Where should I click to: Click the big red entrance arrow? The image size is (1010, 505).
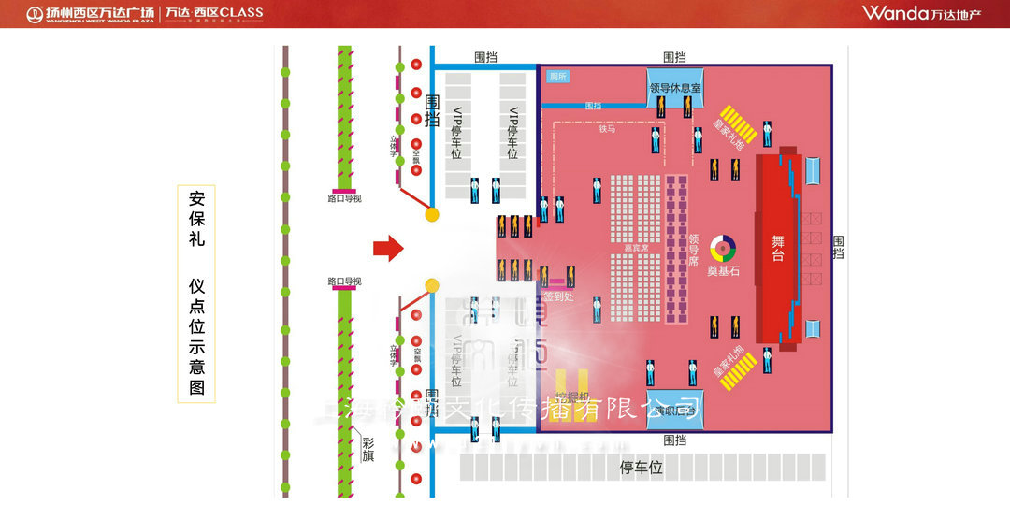click(388, 248)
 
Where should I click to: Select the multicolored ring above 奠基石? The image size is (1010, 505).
click(723, 248)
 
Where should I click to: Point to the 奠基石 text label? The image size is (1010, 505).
click(723, 271)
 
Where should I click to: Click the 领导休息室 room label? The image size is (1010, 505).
click(675, 87)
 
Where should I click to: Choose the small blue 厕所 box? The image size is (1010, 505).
click(558, 77)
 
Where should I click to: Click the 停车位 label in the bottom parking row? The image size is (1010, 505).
click(642, 468)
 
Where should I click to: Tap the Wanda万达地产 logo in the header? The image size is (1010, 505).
click(921, 13)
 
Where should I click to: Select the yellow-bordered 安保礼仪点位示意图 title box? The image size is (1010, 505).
click(196, 293)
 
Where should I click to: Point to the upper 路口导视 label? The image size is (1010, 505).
click(344, 198)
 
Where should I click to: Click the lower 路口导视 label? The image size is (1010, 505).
click(344, 281)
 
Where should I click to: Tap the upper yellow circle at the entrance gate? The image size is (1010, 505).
click(432, 214)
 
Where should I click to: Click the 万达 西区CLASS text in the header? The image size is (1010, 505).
click(214, 13)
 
